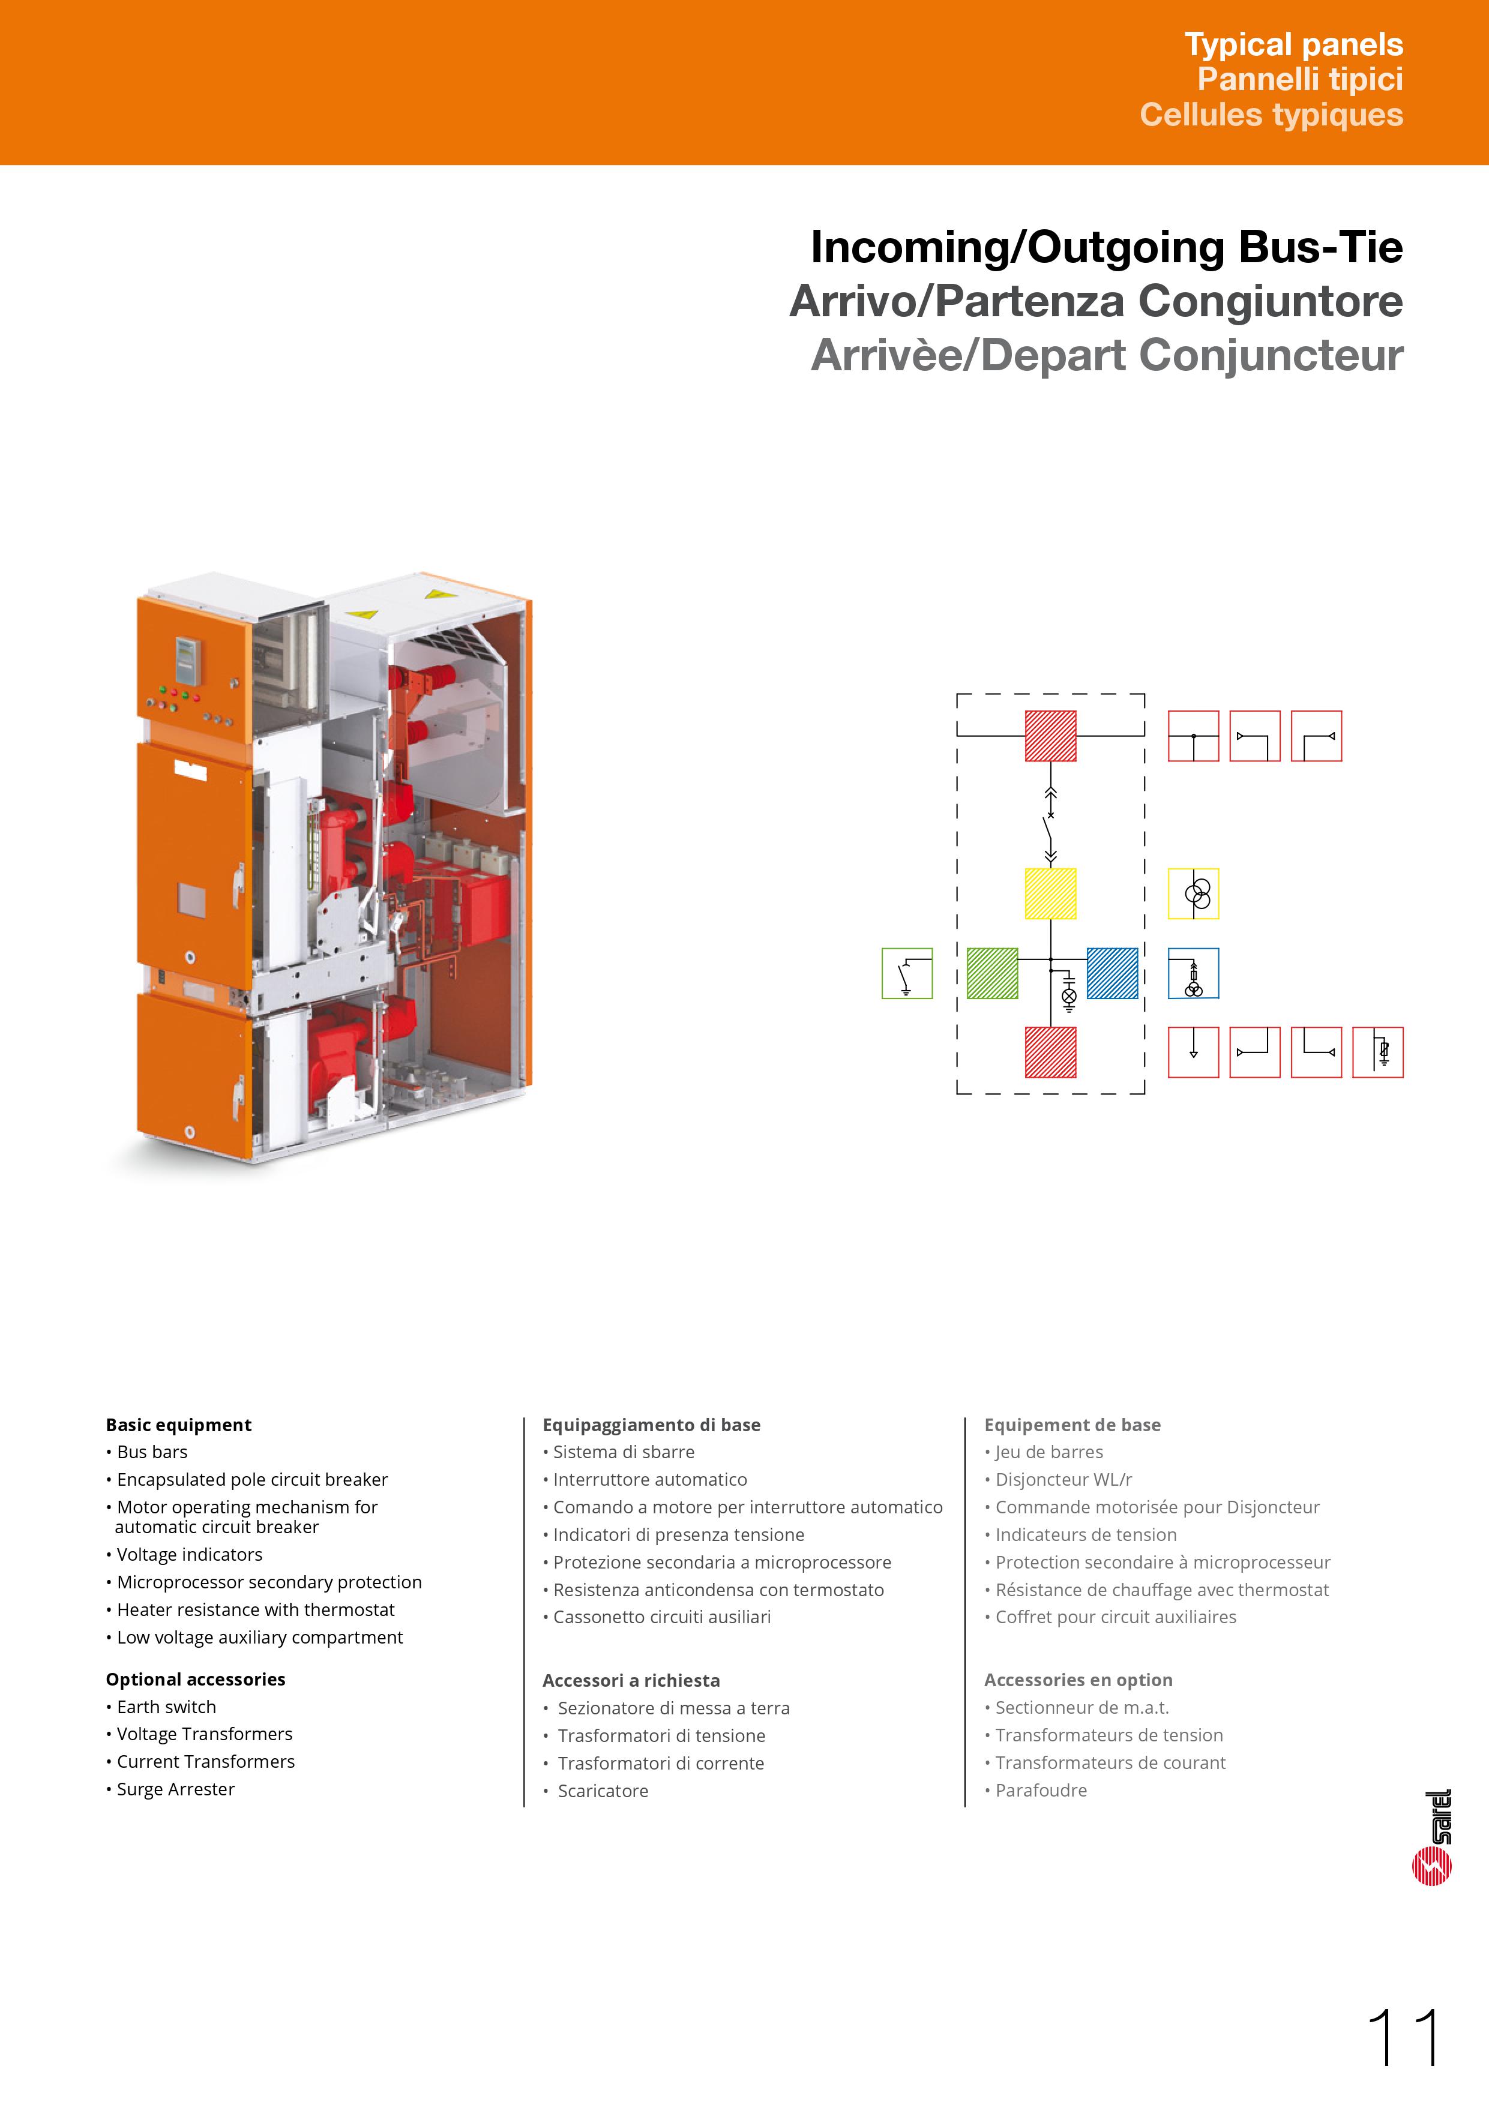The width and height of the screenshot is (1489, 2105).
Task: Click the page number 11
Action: click(1404, 2038)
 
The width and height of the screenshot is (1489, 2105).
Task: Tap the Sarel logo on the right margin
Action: click(1432, 1837)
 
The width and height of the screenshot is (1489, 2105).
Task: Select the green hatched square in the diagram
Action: click(992, 973)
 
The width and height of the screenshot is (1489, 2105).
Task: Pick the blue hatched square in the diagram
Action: click(1112, 973)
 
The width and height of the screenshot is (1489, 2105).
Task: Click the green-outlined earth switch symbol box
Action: click(907, 973)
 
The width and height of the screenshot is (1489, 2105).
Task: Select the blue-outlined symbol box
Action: click(1193, 973)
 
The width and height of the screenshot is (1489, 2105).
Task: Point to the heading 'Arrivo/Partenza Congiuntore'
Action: click(1096, 302)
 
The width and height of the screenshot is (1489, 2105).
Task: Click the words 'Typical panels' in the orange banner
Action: click(1293, 44)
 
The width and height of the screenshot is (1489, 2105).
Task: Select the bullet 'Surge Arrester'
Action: click(175, 1789)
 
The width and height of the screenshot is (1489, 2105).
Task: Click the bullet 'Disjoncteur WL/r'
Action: click(1063, 1479)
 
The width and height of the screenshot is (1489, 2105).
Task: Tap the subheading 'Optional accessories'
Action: click(195, 1679)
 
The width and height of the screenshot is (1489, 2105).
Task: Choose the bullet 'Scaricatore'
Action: click(603, 1791)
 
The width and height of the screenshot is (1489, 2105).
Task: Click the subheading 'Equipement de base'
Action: click(1072, 1425)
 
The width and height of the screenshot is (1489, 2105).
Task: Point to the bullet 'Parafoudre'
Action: click(1041, 1789)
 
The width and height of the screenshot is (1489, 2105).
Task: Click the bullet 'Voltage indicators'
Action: click(189, 1554)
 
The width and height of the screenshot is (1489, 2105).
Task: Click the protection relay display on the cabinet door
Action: click(188, 659)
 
